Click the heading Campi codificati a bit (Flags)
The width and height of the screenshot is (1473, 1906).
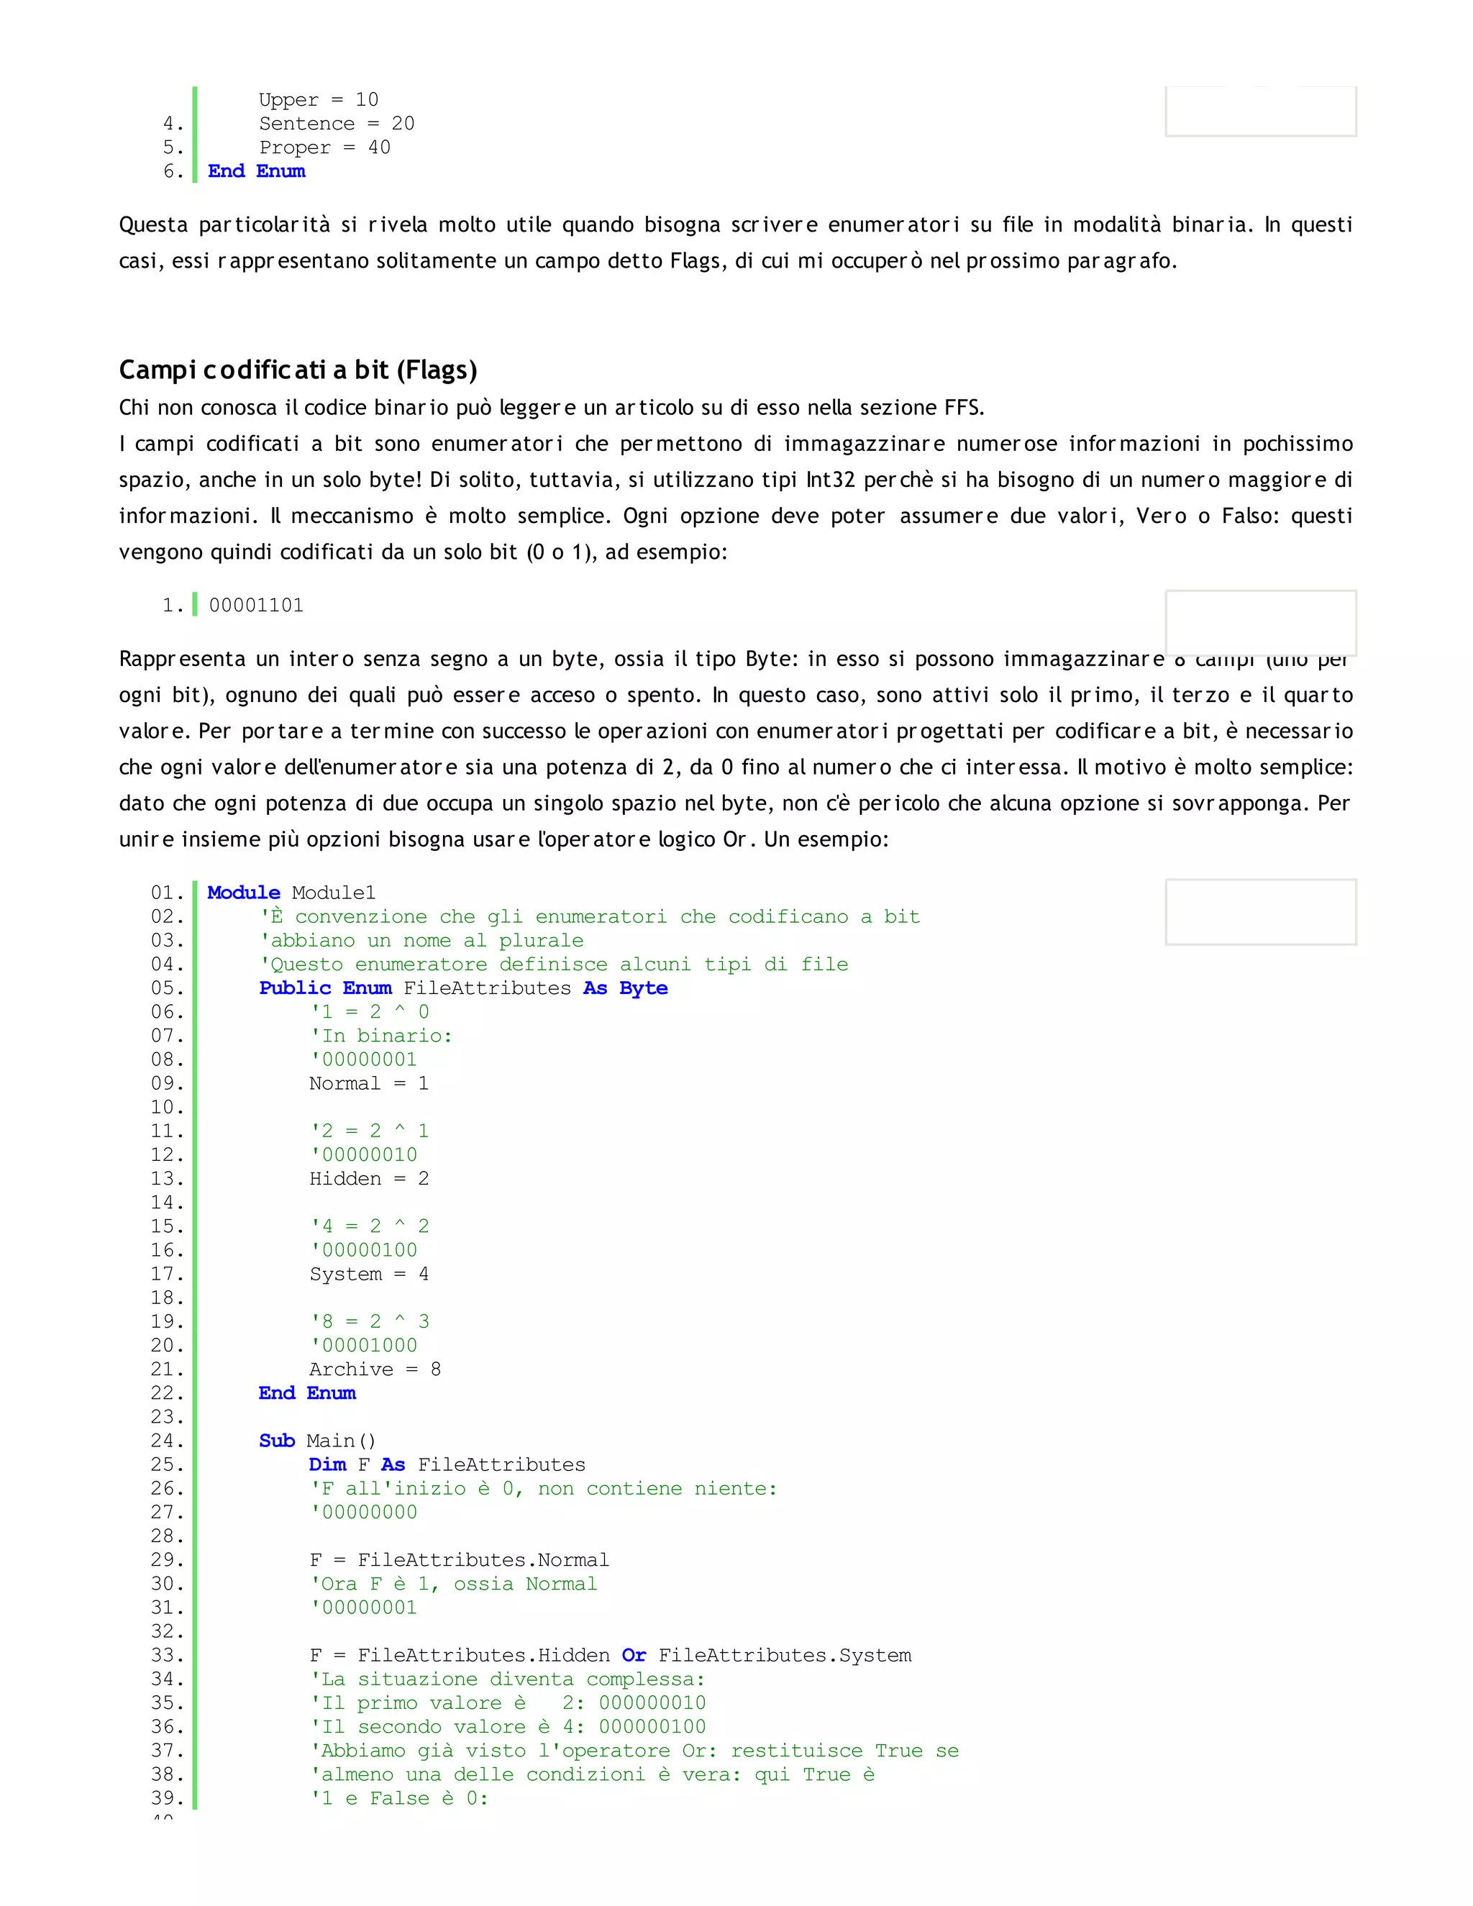pyautogui.click(x=298, y=370)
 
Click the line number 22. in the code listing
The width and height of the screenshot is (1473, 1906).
pyautogui.click(x=167, y=1393)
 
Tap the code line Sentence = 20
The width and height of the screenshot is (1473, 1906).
pyautogui.click(x=336, y=124)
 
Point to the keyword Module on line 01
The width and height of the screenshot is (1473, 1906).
pyautogui.click(x=244, y=893)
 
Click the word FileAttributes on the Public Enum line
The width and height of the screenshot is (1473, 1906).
pyautogui.click(x=487, y=988)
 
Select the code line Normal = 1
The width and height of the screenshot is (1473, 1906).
pyautogui.click(x=368, y=1084)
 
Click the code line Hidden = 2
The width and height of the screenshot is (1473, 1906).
pyautogui.click(x=368, y=1179)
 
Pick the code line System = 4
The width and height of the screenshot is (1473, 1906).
pyautogui.click(x=368, y=1275)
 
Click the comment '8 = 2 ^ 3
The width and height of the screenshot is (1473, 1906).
pyautogui.click(x=370, y=1321)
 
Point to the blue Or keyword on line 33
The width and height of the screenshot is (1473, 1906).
pyautogui.click(x=634, y=1656)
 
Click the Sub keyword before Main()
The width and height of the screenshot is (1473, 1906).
pyautogui.click(x=277, y=1441)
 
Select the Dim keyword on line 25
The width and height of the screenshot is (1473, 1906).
pyautogui.click(x=327, y=1464)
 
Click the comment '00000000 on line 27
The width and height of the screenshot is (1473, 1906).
pyautogui.click(x=365, y=1513)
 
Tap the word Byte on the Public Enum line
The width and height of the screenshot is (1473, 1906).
pyautogui.click(x=643, y=988)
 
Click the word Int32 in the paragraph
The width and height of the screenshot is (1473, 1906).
pyautogui.click(x=830, y=480)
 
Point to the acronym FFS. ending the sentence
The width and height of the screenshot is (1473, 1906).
pyautogui.click(x=964, y=408)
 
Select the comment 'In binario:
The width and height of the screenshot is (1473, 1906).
pyautogui.click(x=381, y=1036)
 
